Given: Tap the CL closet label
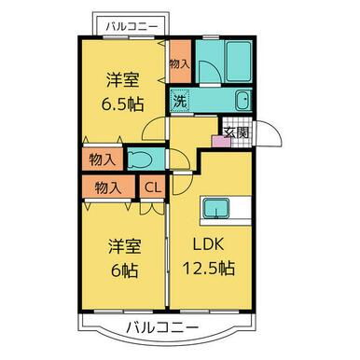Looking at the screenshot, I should [x=152, y=187].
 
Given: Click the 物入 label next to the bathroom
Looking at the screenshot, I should [x=180, y=63].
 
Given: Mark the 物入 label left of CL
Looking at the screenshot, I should [x=108, y=187].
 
